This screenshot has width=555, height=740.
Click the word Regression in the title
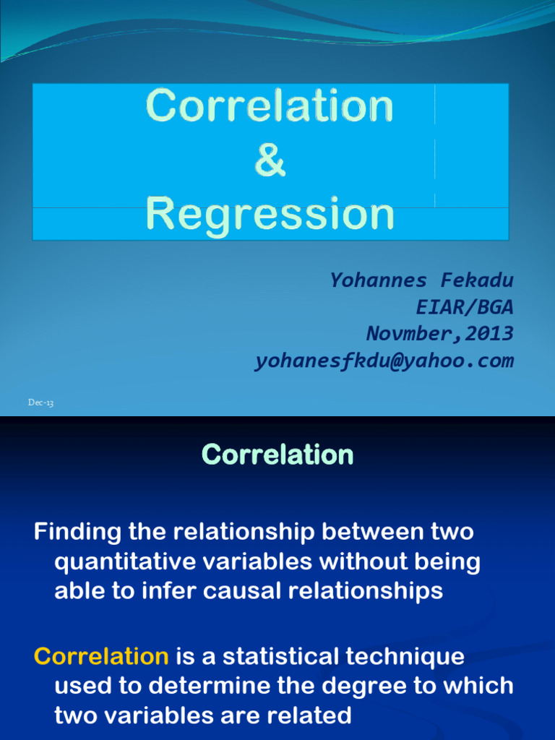tap(270, 214)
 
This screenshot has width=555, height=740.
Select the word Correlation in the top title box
tap(270, 106)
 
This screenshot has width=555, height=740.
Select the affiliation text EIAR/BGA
tap(465, 307)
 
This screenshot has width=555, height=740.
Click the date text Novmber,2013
tap(440, 334)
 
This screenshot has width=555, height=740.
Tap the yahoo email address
tap(384, 361)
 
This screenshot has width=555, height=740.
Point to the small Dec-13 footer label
tap(41, 403)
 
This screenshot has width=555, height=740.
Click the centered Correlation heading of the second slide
tap(277, 455)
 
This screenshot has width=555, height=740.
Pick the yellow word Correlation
tap(101, 657)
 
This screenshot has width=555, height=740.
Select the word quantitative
tap(123, 562)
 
